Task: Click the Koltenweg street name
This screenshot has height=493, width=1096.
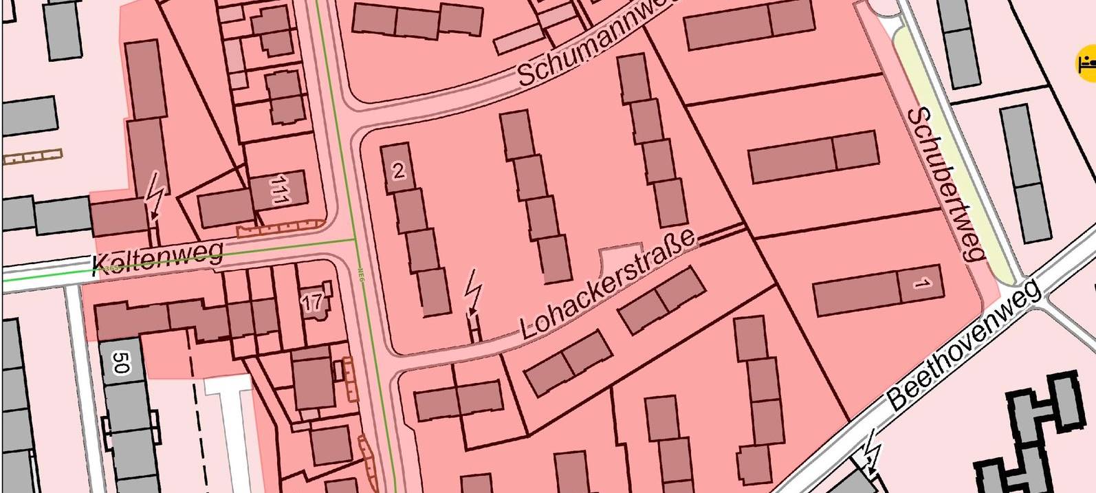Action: pos(157,257)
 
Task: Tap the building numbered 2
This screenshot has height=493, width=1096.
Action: pos(398,170)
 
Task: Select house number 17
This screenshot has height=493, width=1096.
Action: pos(312,302)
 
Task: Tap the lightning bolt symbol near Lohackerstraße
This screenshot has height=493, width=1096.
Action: pos(472,290)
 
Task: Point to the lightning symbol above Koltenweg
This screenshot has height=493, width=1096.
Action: pos(155,195)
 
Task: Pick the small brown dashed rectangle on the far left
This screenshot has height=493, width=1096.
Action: pos(32,157)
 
